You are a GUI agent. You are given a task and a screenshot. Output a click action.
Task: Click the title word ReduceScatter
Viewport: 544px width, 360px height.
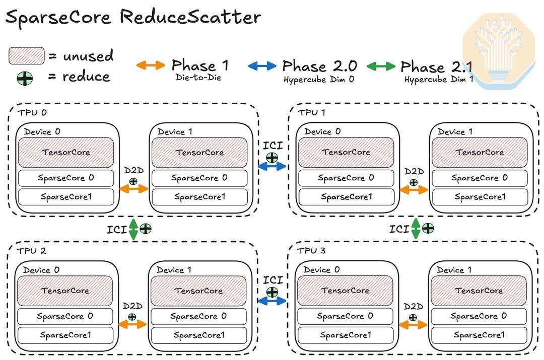[x=190, y=17]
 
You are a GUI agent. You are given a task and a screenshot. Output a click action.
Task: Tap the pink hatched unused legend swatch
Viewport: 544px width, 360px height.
[x=27, y=55]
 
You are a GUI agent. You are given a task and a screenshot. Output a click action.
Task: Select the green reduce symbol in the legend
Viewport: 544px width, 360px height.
[x=25, y=79]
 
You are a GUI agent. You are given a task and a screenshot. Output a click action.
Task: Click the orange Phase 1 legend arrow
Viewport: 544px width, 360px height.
[x=151, y=65]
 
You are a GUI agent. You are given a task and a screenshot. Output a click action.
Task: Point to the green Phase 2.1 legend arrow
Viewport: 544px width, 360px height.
[x=381, y=66]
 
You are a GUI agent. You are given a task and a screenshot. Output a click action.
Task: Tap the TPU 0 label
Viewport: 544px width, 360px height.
[x=32, y=112]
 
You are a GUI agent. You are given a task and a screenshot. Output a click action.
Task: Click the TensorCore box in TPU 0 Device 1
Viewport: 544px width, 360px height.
[x=199, y=153]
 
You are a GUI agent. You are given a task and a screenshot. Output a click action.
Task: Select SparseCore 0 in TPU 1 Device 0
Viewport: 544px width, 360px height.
[x=346, y=178]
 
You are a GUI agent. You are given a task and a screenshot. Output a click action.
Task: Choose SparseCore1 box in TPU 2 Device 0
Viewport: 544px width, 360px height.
[x=65, y=335]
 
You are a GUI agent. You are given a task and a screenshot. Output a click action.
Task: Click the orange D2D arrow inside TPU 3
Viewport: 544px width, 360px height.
[x=413, y=325]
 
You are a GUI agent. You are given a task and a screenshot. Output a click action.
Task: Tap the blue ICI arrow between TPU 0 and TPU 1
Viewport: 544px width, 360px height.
[x=272, y=167]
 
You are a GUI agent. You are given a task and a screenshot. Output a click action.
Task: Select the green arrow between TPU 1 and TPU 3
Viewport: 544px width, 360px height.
[x=416, y=229]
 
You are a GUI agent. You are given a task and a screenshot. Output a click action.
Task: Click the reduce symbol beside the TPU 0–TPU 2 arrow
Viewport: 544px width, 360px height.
[x=146, y=229]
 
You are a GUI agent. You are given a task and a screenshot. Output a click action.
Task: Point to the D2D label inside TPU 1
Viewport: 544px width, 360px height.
[x=414, y=171]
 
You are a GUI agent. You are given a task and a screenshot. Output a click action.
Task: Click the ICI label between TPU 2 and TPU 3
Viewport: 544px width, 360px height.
[x=273, y=280]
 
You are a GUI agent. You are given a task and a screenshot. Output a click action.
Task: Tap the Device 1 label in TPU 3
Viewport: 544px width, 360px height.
[x=454, y=270]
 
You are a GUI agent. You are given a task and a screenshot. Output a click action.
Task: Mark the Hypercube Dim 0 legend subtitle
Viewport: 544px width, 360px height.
[x=319, y=80]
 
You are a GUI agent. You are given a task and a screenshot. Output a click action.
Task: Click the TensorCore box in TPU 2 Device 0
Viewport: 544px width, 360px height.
[x=65, y=291]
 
